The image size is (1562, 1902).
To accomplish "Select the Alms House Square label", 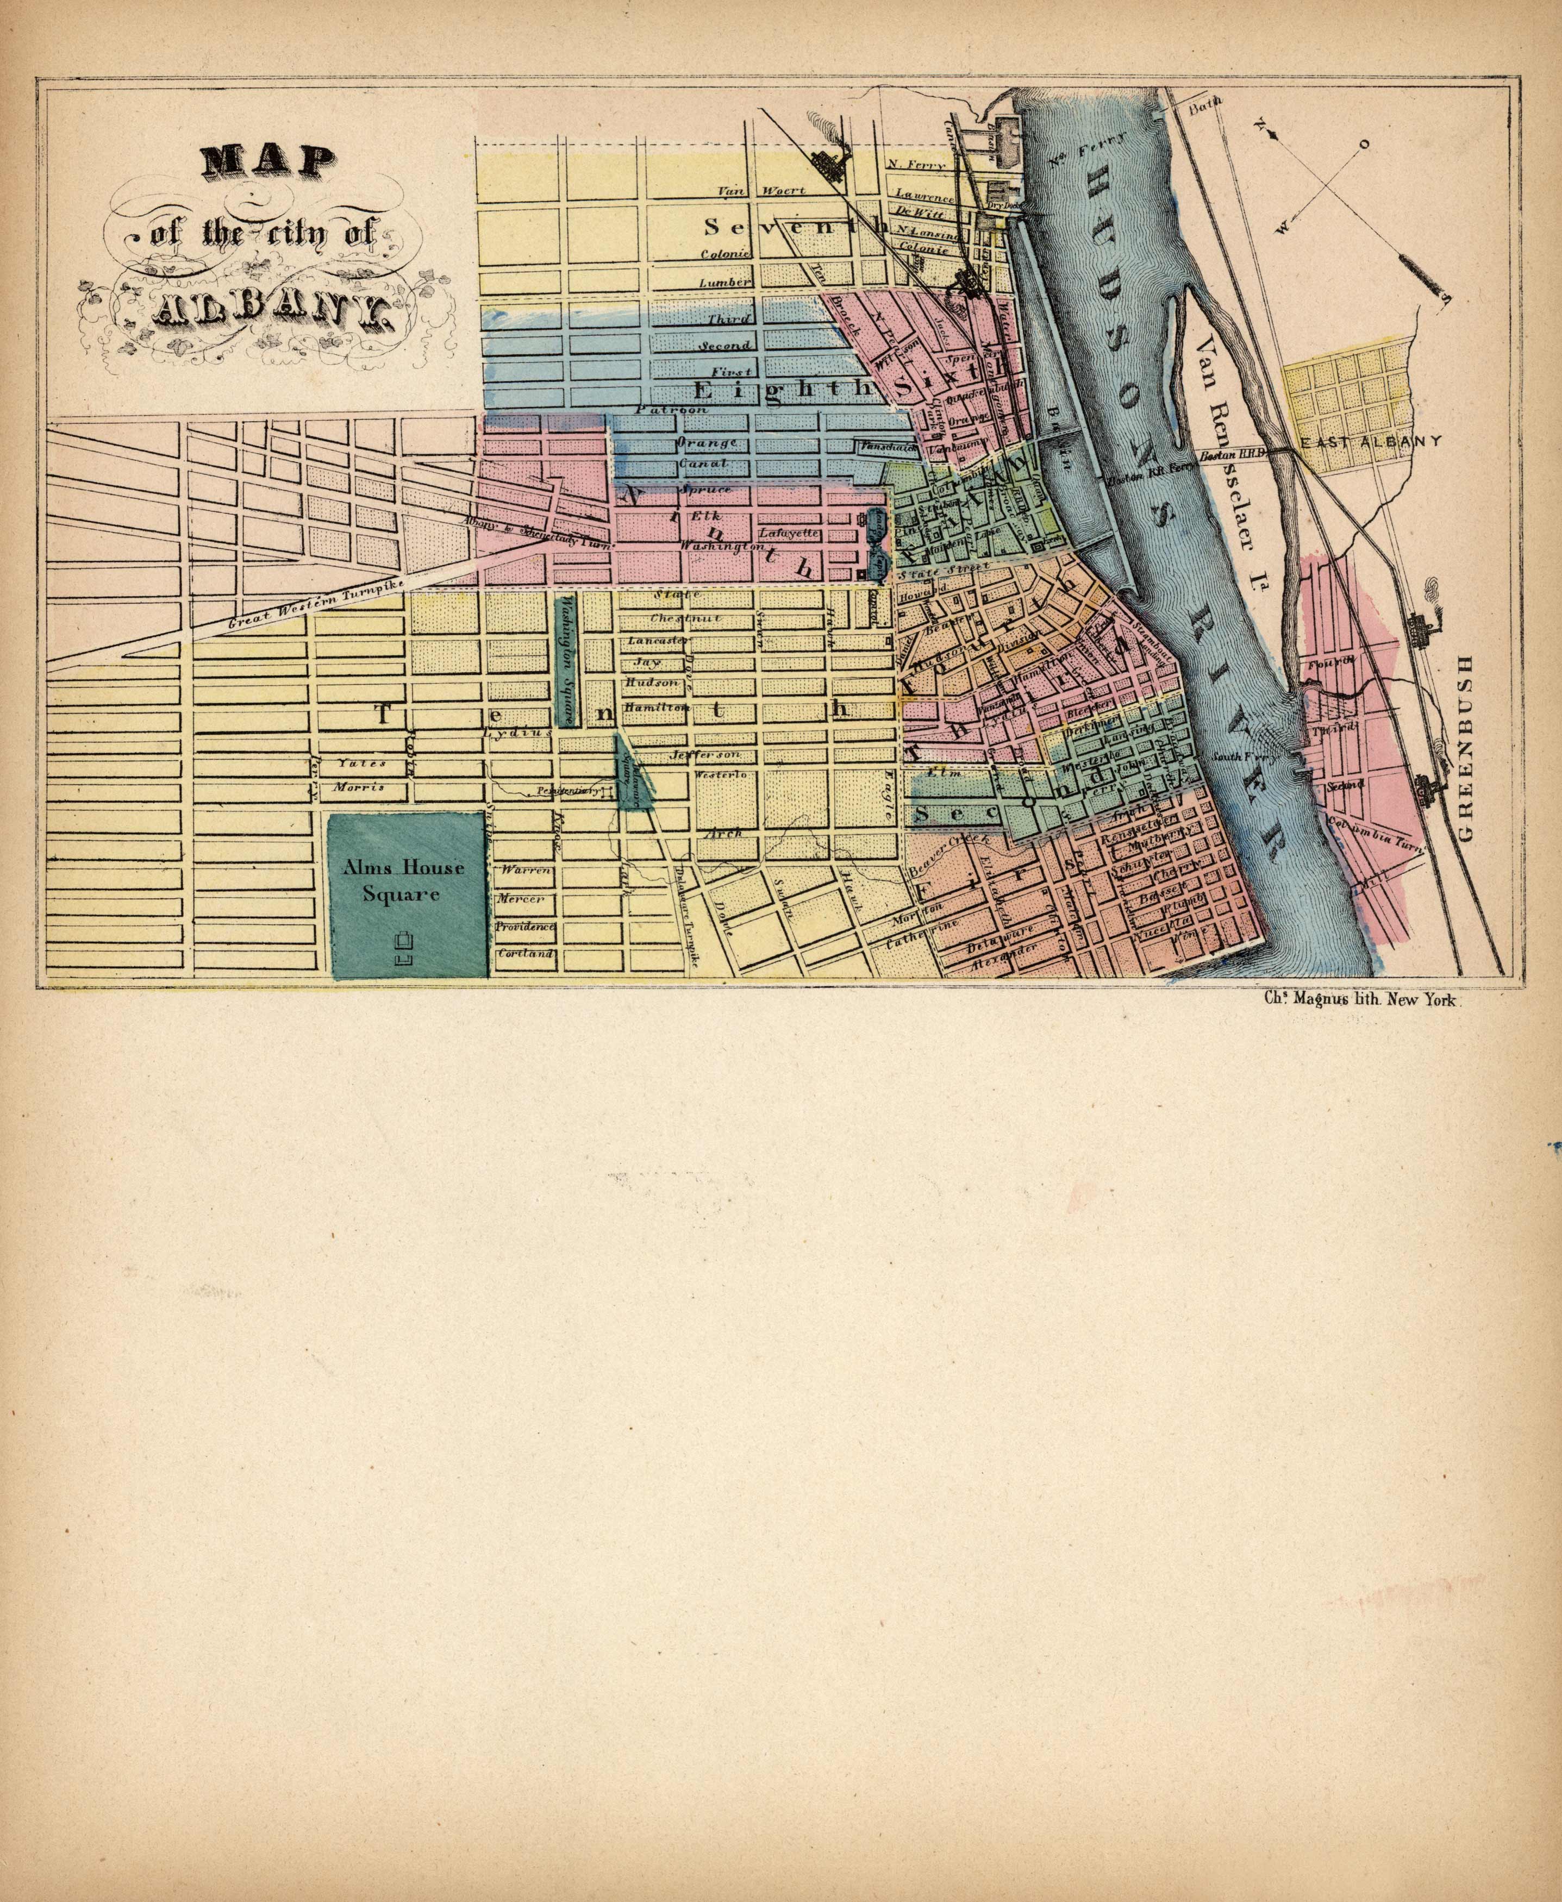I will coord(403,881).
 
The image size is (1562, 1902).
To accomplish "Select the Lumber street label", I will coord(724,283).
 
